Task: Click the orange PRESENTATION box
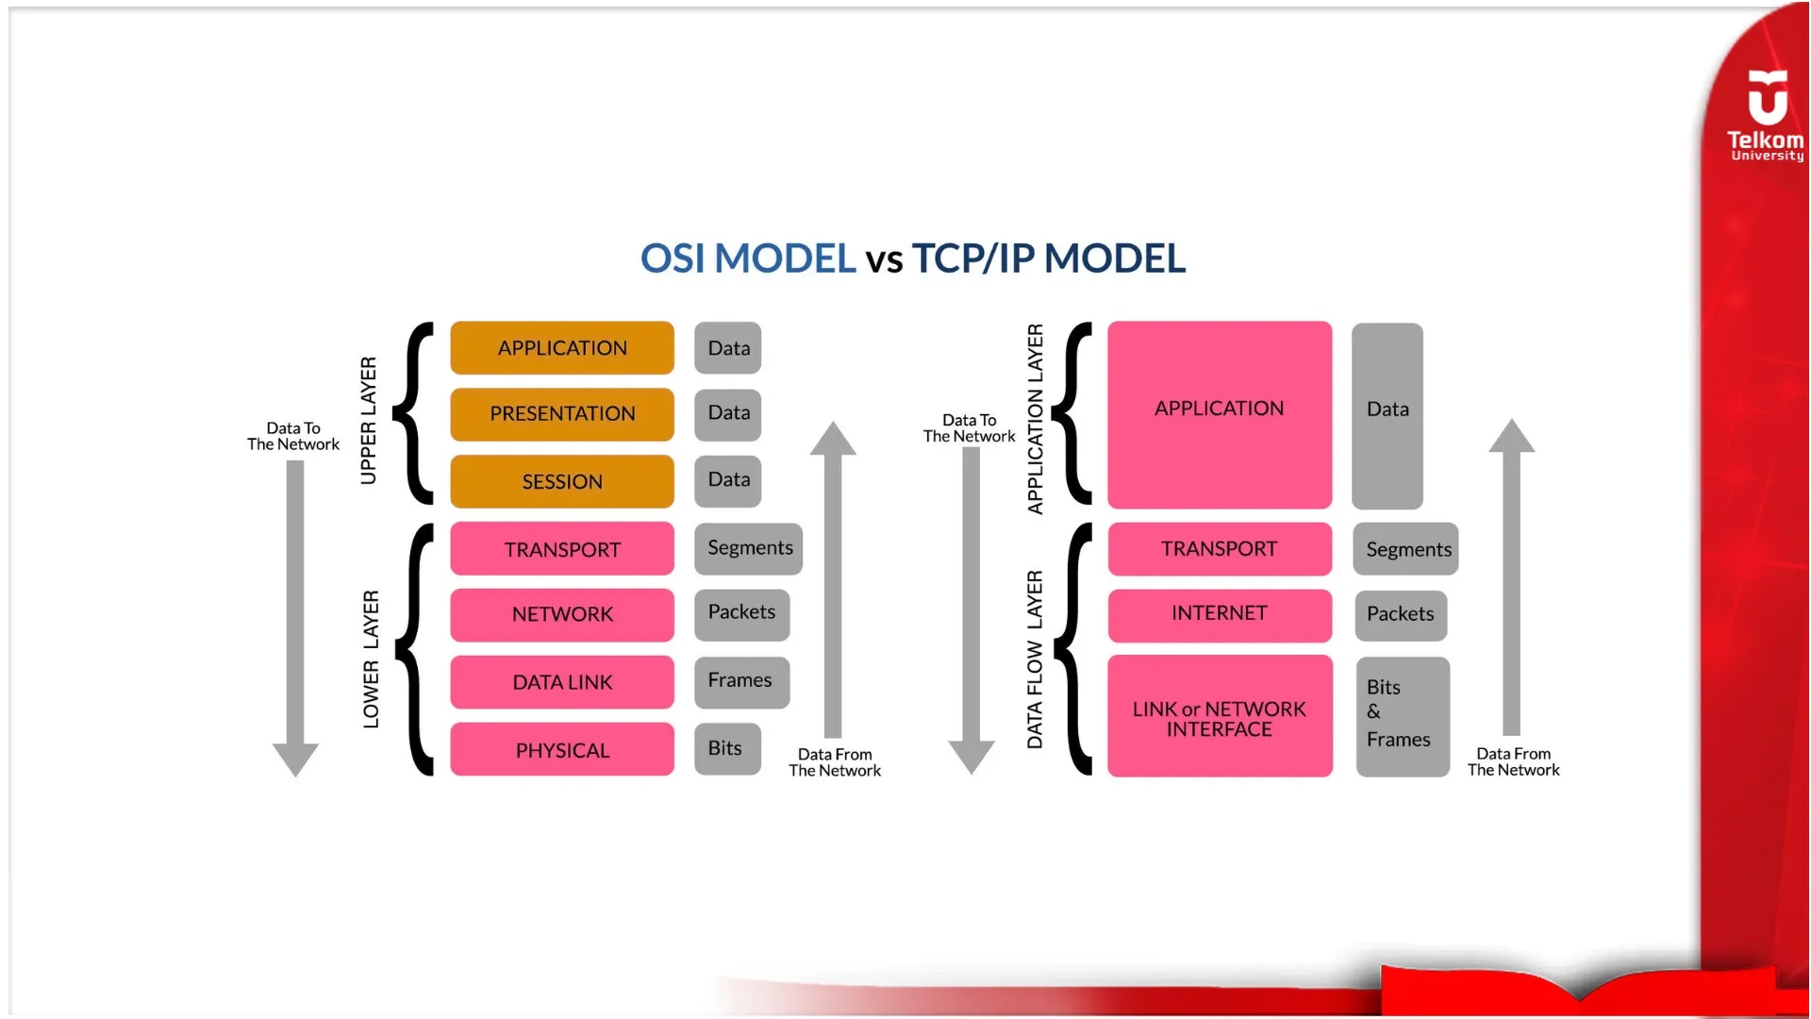point(562,414)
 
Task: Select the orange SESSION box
point(562,481)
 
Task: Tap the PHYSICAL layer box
point(562,750)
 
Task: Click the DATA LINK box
point(562,682)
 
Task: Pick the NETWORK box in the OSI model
point(562,614)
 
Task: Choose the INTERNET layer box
point(1219,614)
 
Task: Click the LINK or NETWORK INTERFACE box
point(1219,717)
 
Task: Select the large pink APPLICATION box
point(1219,414)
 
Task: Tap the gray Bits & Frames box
point(1402,716)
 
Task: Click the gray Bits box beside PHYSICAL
point(726,748)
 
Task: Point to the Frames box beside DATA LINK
point(741,681)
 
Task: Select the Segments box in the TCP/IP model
point(1405,549)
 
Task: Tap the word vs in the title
point(884,260)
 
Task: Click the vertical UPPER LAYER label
point(369,421)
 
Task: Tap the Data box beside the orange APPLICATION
point(727,348)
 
